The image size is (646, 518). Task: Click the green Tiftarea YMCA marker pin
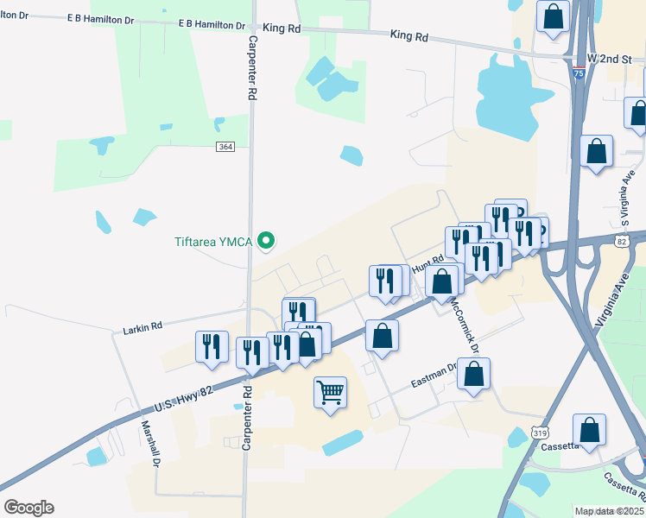click(267, 241)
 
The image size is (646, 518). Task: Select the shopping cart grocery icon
click(330, 393)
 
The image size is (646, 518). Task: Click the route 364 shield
click(225, 147)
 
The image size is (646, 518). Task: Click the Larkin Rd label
click(142, 328)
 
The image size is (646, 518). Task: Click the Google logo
click(28, 508)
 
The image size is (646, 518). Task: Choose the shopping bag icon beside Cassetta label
click(589, 430)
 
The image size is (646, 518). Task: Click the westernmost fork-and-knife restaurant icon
click(212, 347)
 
